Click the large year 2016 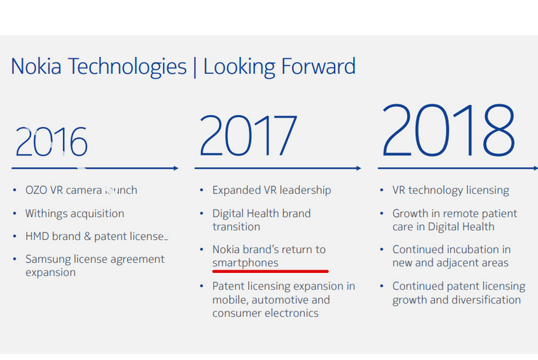click(x=52, y=142)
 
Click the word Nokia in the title click(x=36, y=67)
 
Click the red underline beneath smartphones click(x=270, y=270)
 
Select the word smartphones click(x=245, y=262)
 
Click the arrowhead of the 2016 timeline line click(x=176, y=169)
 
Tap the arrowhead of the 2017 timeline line click(x=358, y=169)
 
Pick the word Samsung click(x=48, y=260)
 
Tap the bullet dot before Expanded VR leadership click(x=202, y=191)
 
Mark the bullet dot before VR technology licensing click(x=382, y=191)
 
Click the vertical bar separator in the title click(x=195, y=67)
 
